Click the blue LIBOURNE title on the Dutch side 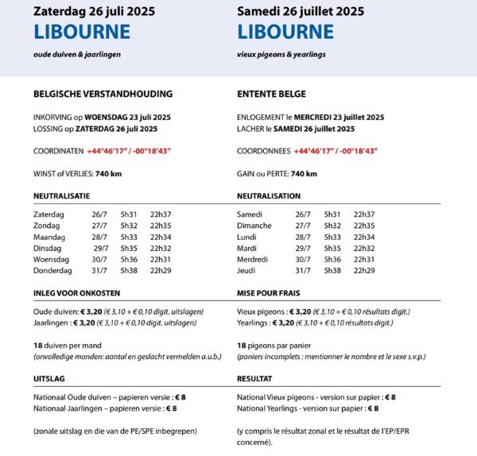click(x=82, y=32)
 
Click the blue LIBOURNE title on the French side click(x=285, y=32)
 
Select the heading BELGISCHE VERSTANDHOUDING click(x=103, y=94)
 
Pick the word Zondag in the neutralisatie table click(x=47, y=226)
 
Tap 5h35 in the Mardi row click(x=332, y=248)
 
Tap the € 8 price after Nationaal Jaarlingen click(x=170, y=408)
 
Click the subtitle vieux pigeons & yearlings click(x=281, y=54)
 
